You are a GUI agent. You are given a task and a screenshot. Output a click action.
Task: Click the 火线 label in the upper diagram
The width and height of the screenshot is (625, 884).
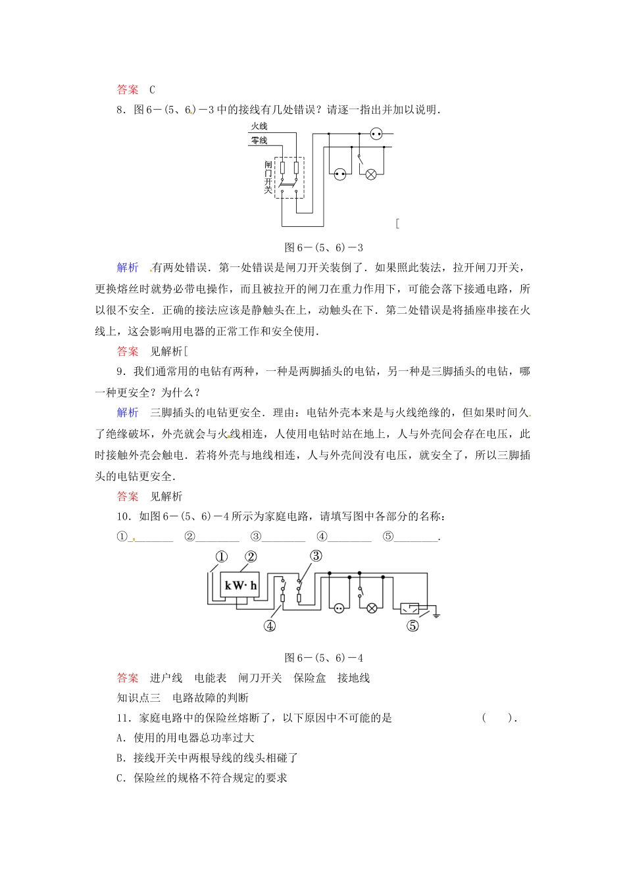tap(259, 126)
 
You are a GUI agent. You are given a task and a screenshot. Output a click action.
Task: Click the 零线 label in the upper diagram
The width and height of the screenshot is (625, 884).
tap(259, 140)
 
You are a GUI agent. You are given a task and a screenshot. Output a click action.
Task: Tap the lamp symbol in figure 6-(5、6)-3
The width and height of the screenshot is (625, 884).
tap(371, 174)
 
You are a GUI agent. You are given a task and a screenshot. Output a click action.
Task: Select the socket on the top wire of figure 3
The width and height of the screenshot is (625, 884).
tap(376, 134)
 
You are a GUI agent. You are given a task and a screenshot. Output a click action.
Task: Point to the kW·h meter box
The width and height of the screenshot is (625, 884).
tap(240, 585)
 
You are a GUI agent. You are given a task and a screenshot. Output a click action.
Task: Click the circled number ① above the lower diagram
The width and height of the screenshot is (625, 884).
tap(222, 557)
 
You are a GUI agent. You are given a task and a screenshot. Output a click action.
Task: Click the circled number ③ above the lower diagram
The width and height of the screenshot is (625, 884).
tap(316, 556)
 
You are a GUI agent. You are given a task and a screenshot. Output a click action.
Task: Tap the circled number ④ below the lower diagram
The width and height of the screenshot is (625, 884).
tap(269, 626)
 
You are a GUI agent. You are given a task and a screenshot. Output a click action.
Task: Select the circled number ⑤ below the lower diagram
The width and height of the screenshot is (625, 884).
tap(413, 626)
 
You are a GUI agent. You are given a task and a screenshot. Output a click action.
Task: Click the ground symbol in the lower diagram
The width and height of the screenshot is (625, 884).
tap(436, 616)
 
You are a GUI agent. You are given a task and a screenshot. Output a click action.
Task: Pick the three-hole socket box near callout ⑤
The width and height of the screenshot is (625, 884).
tap(410, 608)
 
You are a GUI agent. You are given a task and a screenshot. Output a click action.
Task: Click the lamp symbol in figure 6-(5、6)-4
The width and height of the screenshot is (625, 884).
tap(372, 608)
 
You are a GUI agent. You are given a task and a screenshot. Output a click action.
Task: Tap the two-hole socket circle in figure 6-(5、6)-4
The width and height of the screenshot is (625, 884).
tap(339, 608)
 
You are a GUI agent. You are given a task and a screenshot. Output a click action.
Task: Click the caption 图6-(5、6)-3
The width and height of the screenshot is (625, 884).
tap(324, 247)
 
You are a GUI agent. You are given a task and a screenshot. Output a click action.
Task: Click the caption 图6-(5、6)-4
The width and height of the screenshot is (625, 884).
tap(324, 658)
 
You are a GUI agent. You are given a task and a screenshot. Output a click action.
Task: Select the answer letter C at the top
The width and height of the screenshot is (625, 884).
tap(152, 90)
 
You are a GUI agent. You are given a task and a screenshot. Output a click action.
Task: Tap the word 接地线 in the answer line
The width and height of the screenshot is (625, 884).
tap(354, 678)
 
